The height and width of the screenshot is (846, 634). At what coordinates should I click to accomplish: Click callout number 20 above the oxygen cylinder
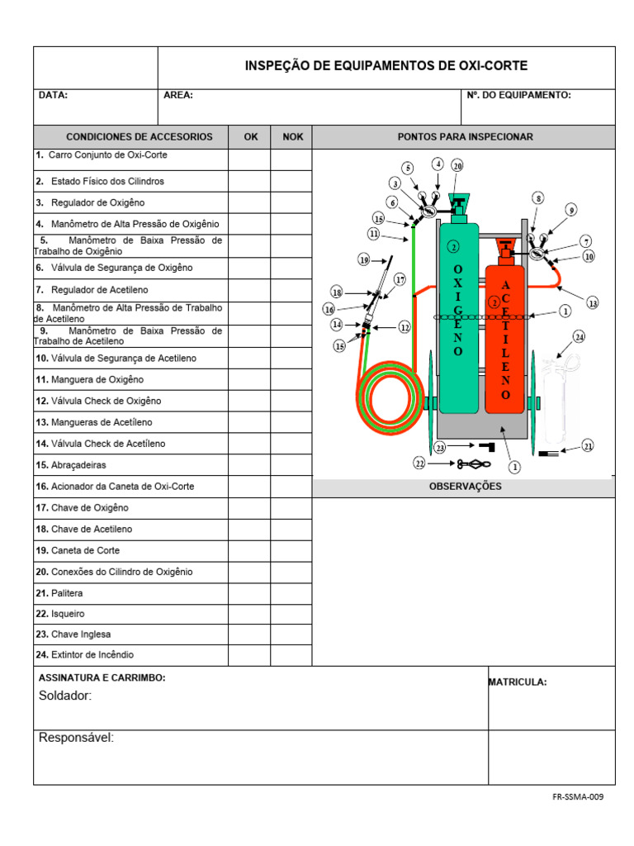[x=457, y=165]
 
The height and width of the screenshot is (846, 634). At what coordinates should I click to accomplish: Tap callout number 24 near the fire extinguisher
[x=580, y=336]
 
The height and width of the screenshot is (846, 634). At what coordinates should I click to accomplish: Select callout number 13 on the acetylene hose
[x=592, y=303]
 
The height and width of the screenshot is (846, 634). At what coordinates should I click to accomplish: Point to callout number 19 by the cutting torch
[x=363, y=260]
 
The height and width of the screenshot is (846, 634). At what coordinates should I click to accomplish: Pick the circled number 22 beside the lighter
[x=419, y=464]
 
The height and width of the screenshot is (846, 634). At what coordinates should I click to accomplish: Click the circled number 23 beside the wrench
[x=440, y=447]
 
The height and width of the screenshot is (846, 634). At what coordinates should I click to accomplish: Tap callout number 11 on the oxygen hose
[x=374, y=234]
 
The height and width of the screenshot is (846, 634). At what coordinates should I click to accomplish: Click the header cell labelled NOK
[x=292, y=137]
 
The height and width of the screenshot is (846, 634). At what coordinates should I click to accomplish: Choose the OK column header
[x=250, y=137]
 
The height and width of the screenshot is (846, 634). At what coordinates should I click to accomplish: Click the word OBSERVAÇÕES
[x=465, y=487]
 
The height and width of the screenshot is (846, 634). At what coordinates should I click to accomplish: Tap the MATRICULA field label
[x=518, y=682]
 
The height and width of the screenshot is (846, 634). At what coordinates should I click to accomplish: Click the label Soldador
[x=65, y=696]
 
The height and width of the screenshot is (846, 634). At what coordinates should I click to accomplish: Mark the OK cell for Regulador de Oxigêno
[x=249, y=202]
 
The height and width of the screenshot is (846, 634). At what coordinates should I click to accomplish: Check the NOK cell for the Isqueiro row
[x=291, y=614]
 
